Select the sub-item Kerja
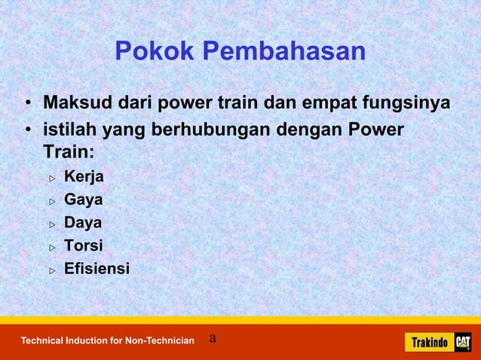[x=84, y=177]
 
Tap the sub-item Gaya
[x=83, y=200]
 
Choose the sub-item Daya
[x=83, y=223]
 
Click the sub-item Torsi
[x=83, y=246]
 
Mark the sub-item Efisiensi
[x=97, y=268]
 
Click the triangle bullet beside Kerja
[x=53, y=178]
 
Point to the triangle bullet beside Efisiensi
[x=53, y=270]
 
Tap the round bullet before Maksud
[x=26, y=103]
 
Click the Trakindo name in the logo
[x=429, y=343]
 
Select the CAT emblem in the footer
[x=461, y=342]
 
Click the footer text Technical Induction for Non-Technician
[x=107, y=341]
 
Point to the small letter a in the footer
[x=213, y=338]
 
